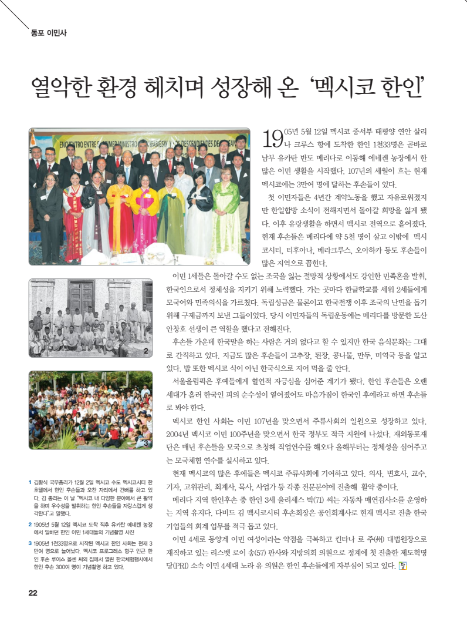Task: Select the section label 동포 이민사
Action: pyautogui.click(x=49, y=33)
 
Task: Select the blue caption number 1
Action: pyautogui.click(x=30, y=482)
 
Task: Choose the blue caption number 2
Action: pyautogui.click(x=30, y=523)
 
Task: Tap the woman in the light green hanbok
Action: pyautogui.click(x=225, y=214)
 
